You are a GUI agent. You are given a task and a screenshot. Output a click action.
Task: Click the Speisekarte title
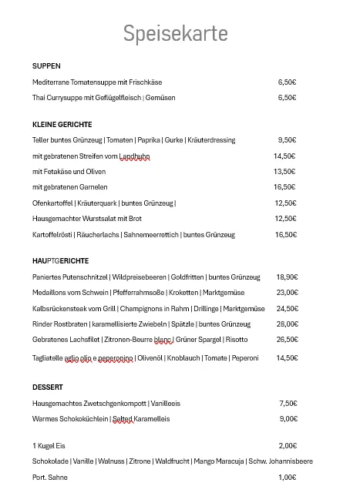[x=175, y=35]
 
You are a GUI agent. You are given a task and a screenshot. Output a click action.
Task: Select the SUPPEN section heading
[x=46, y=66]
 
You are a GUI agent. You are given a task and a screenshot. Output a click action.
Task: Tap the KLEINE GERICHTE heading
[x=62, y=124]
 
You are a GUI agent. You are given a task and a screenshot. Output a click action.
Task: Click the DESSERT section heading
[x=48, y=387]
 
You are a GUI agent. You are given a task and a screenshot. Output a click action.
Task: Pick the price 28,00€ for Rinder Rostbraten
[x=287, y=324]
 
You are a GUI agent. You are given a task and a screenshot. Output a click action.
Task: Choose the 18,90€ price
[x=287, y=277]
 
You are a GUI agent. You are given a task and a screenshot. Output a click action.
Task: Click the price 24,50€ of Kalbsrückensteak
[x=287, y=308]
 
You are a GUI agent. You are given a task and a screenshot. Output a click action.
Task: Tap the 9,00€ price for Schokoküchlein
[x=288, y=419]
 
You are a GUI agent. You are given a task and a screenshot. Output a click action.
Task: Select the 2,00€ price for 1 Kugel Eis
[x=288, y=446]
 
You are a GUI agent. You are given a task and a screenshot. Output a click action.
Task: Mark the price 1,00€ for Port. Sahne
[x=288, y=478]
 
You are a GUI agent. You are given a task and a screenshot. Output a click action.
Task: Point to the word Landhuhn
[x=135, y=156]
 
